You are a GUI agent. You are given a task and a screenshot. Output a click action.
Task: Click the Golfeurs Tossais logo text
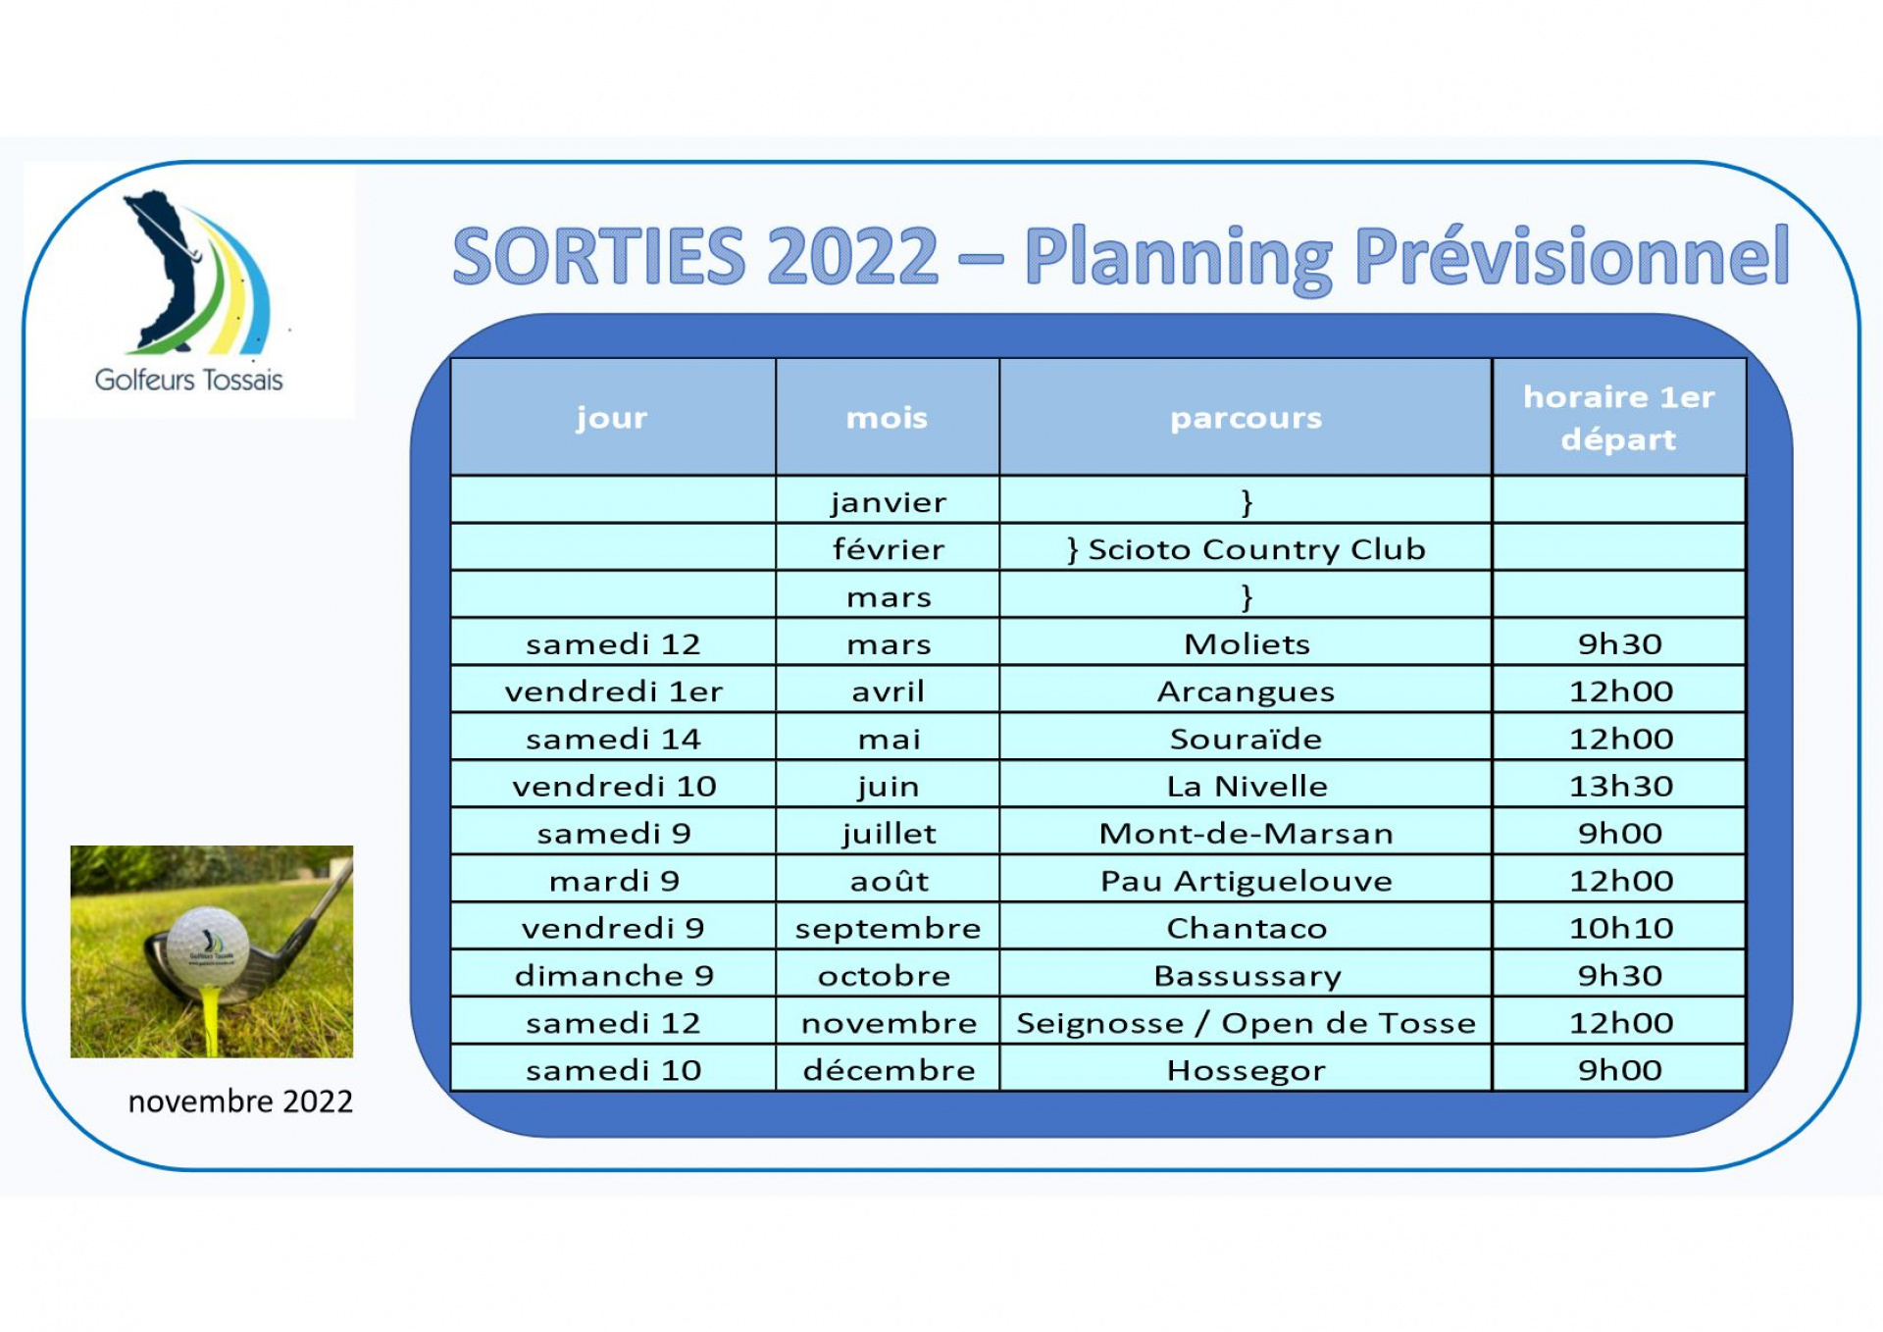tap(188, 380)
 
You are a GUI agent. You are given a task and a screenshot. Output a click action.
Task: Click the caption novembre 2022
tap(240, 1101)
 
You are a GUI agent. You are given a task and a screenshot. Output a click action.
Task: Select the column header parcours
tap(1246, 419)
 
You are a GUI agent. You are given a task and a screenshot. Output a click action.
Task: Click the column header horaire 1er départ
tap(1619, 418)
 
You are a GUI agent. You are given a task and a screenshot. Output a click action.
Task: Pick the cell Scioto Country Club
tap(1247, 549)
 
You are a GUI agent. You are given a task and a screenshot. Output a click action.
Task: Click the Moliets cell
tap(1247, 643)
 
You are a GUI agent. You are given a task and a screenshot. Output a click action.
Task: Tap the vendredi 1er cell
tap(614, 692)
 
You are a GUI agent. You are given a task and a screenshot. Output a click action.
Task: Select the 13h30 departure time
tap(1620, 786)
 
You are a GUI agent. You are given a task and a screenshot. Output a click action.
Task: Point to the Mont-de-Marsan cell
tap(1246, 834)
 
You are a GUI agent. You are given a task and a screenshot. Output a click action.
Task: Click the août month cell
tap(889, 880)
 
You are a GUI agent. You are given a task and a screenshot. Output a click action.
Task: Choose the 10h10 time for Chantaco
tap(1620, 928)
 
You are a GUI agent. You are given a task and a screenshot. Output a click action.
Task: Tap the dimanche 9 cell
tap(614, 976)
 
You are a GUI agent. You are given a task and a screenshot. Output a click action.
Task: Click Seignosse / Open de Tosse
tap(1246, 1023)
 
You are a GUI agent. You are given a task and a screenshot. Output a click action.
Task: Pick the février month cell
tap(889, 549)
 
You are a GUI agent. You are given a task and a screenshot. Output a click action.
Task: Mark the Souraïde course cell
tap(1246, 739)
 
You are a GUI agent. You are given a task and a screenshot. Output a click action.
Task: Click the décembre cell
tap(889, 1070)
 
